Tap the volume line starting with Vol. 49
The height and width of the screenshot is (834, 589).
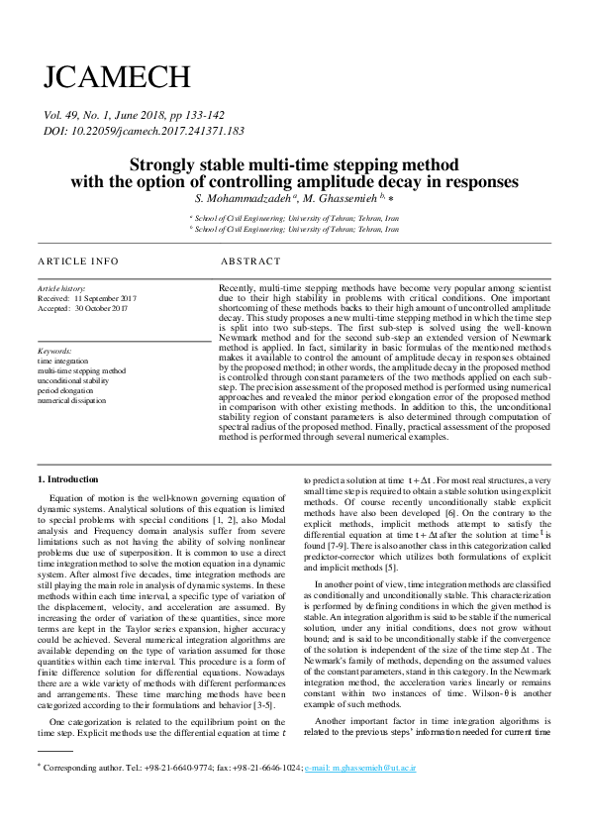[141, 116]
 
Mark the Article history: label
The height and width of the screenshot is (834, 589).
[61, 288]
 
